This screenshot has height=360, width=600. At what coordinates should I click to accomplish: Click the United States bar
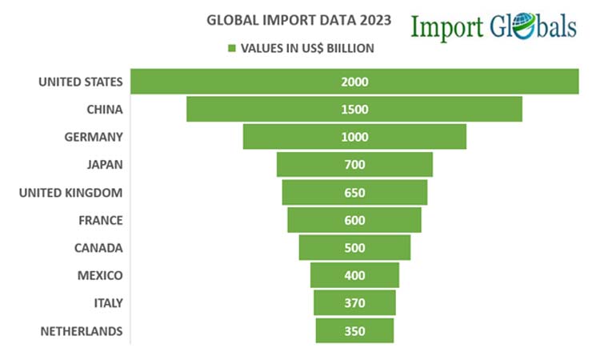click(240, 82)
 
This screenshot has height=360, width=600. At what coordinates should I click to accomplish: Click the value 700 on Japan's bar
click(354, 165)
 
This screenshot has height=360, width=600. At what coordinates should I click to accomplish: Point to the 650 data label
click(354, 193)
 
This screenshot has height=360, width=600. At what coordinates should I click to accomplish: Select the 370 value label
click(354, 303)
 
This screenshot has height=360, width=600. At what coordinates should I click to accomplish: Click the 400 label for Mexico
click(354, 275)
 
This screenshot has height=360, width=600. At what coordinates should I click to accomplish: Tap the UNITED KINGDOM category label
click(70, 193)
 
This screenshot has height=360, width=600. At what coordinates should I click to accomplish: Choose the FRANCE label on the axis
click(101, 220)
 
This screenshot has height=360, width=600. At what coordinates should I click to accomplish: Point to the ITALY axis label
click(106, 303)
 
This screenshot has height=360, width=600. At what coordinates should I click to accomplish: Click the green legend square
click(233, 48)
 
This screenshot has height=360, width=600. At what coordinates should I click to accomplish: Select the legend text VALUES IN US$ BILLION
click(307, 48)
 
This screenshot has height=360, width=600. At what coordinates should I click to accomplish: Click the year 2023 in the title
click(376, 21)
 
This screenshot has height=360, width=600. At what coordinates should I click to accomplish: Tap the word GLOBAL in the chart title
click(229, 21)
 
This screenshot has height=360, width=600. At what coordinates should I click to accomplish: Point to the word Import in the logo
click(447, 27)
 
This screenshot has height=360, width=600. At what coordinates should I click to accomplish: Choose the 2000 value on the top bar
click(354, 82)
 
